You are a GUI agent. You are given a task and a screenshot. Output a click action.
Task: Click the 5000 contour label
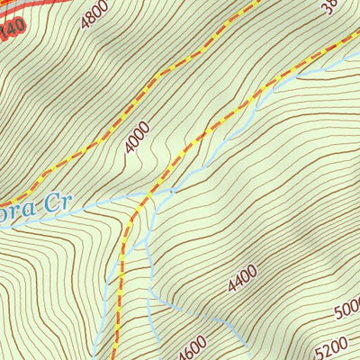click(x=346, y=311)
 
